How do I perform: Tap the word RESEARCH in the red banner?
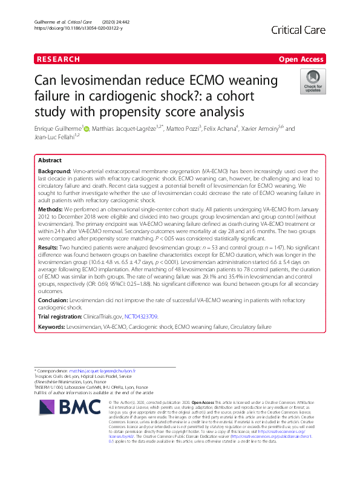[58, 59]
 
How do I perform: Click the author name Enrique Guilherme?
[57, 128]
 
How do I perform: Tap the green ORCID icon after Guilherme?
[87, 128]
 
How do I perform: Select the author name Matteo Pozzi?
[180, 128]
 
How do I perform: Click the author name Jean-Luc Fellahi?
[58, 137]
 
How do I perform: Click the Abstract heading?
[50, 161]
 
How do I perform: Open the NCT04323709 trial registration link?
[141, 316]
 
